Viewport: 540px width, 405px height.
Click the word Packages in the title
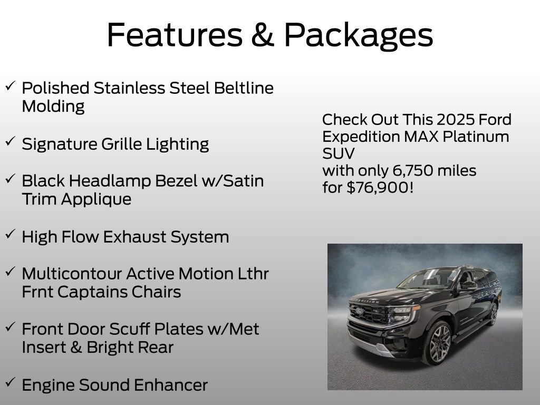[358, 36]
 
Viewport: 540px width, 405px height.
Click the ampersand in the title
[262, 35]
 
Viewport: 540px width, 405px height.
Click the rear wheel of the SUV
[494, 313]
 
